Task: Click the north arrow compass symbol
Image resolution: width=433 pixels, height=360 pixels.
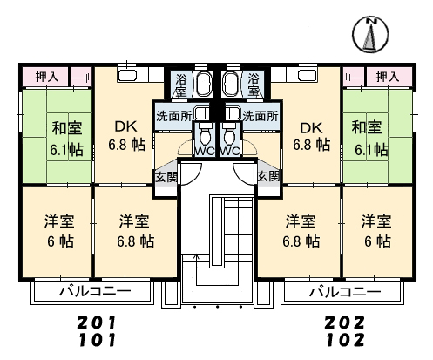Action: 370,35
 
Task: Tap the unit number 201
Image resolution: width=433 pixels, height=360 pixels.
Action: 97,323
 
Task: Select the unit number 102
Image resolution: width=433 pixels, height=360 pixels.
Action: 345,340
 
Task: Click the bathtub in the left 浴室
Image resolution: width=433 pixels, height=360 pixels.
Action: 204,84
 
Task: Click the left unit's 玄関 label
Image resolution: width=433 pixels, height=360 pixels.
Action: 166,176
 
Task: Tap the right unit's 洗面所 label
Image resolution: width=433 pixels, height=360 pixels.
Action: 260,116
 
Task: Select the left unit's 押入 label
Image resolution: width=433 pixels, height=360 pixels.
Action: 47,77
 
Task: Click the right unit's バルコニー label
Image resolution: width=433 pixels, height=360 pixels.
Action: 345,291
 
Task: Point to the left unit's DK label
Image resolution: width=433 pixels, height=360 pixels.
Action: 125,126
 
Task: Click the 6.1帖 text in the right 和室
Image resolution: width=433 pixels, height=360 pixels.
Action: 371,150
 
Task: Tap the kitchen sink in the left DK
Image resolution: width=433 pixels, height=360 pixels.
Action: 127,76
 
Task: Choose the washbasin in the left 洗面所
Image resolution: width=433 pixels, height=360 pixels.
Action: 200,113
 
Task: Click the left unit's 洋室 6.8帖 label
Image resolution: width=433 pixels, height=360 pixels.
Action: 136,231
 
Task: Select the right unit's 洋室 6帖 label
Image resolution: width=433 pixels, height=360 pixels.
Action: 377,231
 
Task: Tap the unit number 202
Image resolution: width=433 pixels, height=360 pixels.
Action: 344,323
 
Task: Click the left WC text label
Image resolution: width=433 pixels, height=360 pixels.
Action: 205,151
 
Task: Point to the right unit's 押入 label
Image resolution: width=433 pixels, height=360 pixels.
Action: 388,77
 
